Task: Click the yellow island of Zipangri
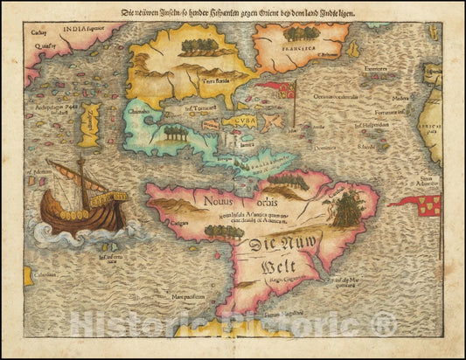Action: click(90, 123)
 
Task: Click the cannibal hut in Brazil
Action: click(349, 211)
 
